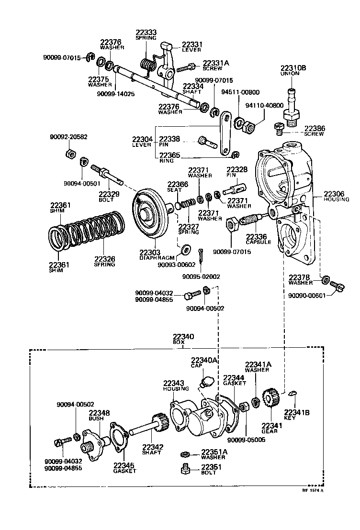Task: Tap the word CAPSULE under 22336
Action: pyautogui.click(x=259, y=242)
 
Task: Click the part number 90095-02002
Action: pyautogui.click(x=201, y=276)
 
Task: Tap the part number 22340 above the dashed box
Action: pyautogui.click(x=183, y=337)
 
